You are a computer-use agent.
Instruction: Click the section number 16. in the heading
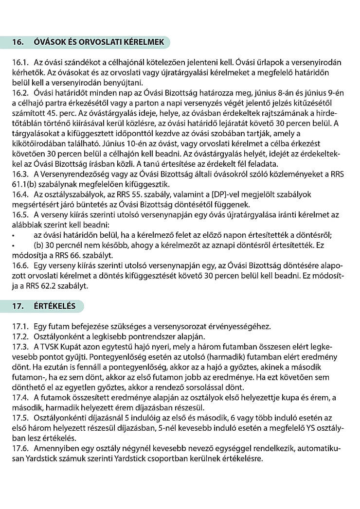pos(18,42)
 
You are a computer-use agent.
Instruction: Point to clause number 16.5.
pos(19,214)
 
